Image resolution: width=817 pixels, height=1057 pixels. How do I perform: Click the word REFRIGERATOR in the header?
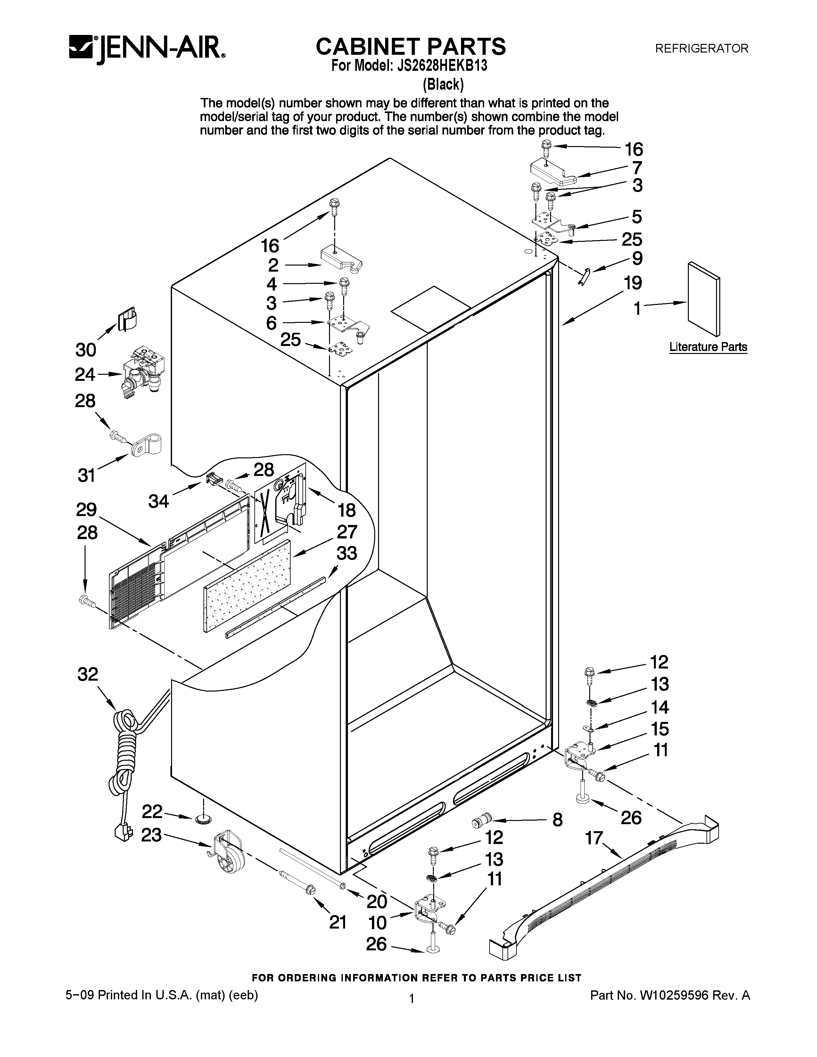coord(701,48)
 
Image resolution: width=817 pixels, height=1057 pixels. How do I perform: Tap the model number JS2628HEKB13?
coord(442,66)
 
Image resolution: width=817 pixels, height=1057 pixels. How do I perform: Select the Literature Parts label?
coord(708,347)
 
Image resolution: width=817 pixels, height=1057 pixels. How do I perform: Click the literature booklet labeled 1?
coord(703,299)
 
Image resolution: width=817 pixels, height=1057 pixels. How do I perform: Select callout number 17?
coord(594,837)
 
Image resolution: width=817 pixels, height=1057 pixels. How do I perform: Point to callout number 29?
coord(86,510)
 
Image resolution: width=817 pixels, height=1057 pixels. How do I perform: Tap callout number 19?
coord(632,283)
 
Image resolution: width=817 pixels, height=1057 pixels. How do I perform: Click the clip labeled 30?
coord(127,318)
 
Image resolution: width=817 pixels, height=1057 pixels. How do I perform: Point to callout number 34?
coord(158,501)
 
